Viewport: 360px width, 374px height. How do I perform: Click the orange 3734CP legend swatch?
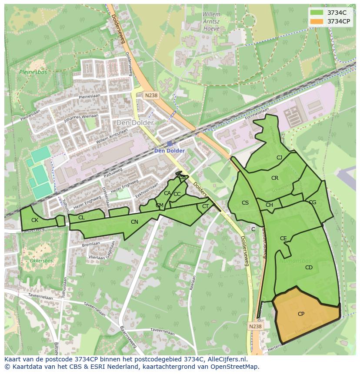click(x=317, y=21)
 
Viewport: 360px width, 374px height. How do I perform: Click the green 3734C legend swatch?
click(x=317, y=13)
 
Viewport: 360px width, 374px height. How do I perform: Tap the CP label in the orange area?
click(x=301, y=314)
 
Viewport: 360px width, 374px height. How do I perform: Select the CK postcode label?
click(x=35, y=220)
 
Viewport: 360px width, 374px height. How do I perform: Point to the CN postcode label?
click(x=134, y=222)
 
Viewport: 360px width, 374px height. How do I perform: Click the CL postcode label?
click(x=81, y=218)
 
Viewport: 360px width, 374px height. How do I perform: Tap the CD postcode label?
click(x=309, y=268)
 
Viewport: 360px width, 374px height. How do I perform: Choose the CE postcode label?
click(x=283, y=238)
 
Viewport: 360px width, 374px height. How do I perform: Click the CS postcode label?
click(x=245, y=203)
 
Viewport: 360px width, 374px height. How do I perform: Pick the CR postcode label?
click(x=275, y=178)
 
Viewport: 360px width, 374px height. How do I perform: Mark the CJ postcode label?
click(x=280, y=158)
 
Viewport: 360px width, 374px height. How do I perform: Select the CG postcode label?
click(x=312, y=202)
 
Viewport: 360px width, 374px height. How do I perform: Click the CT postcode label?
click(x=206, y=206)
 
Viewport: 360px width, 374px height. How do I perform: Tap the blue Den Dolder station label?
click(x=170, y=151)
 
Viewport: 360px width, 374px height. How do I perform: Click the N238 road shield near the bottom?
click(x=256, y=326)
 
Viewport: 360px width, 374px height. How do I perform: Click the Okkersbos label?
click(x=41, y=261)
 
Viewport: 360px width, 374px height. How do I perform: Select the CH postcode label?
click(x=269, y=205)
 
